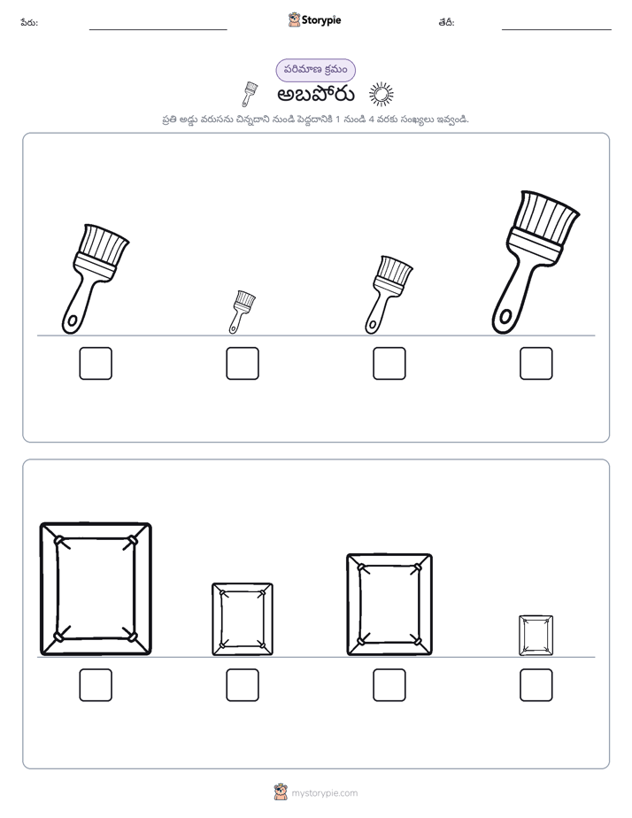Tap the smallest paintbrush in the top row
click(241, 312)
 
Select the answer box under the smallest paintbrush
click(243, 364)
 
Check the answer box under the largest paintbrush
click(536, 364)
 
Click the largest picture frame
click(42, 589)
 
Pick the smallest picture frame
click(520, 636)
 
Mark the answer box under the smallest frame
click(536, 685)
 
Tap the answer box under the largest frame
click(96, 685)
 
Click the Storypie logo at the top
click(314, 19)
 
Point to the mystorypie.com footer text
click(324, 793)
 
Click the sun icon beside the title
click(382, 95)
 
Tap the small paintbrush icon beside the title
click(249, 94)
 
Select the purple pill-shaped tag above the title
click(315, 70)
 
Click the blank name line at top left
click(158, 29)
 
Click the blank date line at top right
click(557, 29)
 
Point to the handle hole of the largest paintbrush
click(505, 316)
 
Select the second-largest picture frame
click(349, 605)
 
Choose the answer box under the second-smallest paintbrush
click(389, 364)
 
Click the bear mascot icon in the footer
click(281, 792)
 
